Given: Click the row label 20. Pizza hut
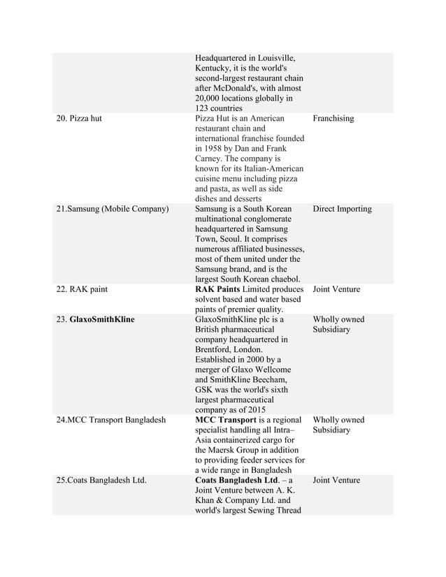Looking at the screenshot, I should point(79,119).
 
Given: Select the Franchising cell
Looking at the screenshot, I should point(333,119).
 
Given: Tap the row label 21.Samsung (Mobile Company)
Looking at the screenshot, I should point(113,209).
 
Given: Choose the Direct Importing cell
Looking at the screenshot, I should point(342,209).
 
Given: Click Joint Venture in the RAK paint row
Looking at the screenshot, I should point(337,288).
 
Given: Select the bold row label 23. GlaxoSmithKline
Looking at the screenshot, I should point(96,319).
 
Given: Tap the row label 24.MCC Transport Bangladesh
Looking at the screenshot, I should point(111,420).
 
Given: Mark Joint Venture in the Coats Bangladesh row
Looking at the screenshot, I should point(337,480).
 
